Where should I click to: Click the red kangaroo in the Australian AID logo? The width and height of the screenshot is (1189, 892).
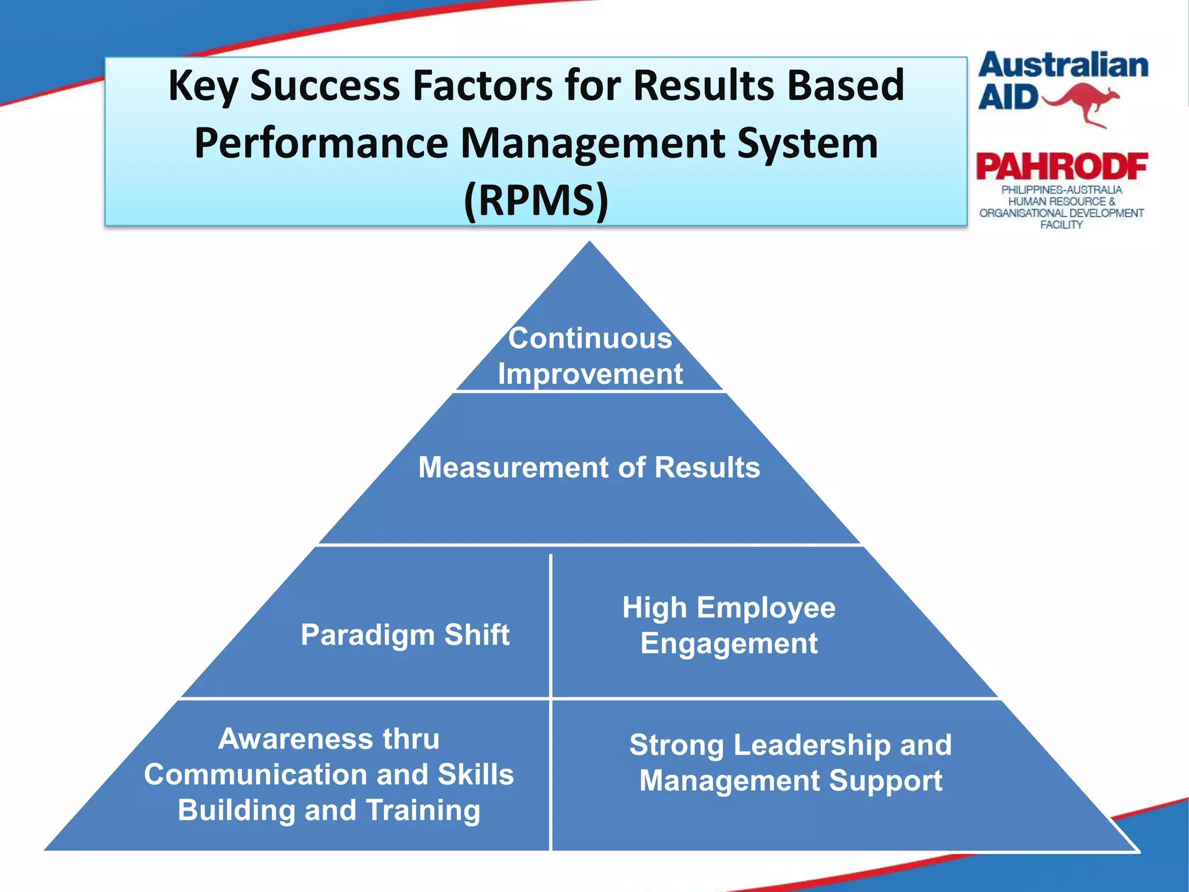pos(1083,103)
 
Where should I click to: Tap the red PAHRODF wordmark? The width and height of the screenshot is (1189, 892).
pos(1062,167)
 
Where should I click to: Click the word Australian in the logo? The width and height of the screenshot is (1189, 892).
pos(1063,66)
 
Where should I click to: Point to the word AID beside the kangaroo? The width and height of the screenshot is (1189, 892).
pos(1008,98)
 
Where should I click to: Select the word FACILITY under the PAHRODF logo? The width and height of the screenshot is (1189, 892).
pos(1061,225)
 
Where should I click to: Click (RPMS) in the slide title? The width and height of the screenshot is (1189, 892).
pos(536,200)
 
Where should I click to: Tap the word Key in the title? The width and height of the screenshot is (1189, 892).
pos(203,86)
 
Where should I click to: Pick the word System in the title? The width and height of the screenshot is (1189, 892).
pos(807,143)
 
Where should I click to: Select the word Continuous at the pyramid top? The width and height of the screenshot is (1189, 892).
pos(590,339)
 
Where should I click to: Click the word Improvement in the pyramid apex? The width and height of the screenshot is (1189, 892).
pos(590,373)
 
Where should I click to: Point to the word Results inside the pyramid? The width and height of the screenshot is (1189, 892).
pos(707,467)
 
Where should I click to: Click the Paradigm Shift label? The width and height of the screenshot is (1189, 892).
pos(405,635)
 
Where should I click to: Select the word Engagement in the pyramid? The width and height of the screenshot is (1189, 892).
pos(729,643)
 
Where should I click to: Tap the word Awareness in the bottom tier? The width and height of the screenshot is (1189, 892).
pos(296,739)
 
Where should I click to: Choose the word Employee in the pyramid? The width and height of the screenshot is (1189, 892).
pos(766,608)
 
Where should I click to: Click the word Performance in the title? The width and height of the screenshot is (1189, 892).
pos(321,143)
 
